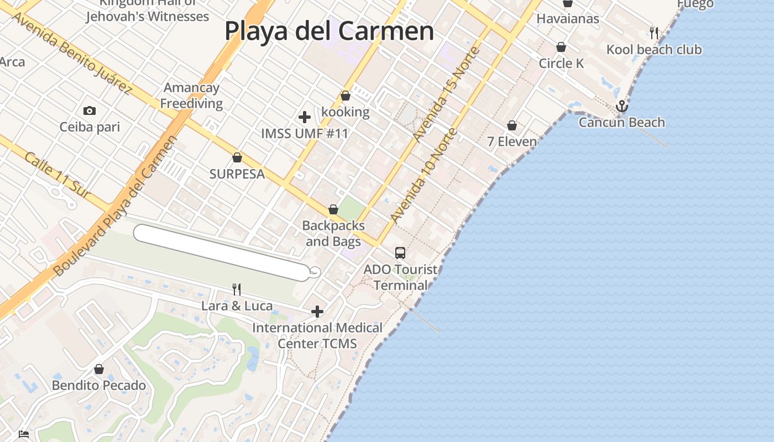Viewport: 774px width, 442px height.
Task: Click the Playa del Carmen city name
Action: point(329,30)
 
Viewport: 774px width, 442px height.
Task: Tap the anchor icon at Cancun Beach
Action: point(622,106)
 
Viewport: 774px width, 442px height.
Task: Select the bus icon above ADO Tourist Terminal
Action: point(400,253)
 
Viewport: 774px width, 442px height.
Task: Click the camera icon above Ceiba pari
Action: point(90,110)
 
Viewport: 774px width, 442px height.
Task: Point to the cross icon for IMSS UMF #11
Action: point(305,117)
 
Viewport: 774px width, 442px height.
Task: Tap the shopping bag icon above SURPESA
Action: point(237,157)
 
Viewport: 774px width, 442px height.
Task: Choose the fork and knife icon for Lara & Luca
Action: point(237,289)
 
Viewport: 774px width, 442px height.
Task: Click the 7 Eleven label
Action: point(512,141)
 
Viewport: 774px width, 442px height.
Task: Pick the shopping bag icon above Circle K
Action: point(561,47)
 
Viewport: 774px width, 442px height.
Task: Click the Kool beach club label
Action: point(654,50)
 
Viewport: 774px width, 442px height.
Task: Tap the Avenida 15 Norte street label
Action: point(446,94)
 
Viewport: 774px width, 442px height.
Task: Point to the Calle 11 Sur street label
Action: point(57,175)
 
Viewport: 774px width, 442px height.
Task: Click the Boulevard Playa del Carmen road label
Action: point(116,206)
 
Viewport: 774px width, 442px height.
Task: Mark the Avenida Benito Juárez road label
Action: point(71,52)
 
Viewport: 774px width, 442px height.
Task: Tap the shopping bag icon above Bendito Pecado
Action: point(99,369)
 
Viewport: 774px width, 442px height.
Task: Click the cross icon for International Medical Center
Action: point(317,312)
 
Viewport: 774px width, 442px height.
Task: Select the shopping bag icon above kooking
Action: point(346,96)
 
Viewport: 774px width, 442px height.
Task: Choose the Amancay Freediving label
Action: point(191,96)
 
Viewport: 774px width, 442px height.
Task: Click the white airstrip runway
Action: point(221,252)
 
